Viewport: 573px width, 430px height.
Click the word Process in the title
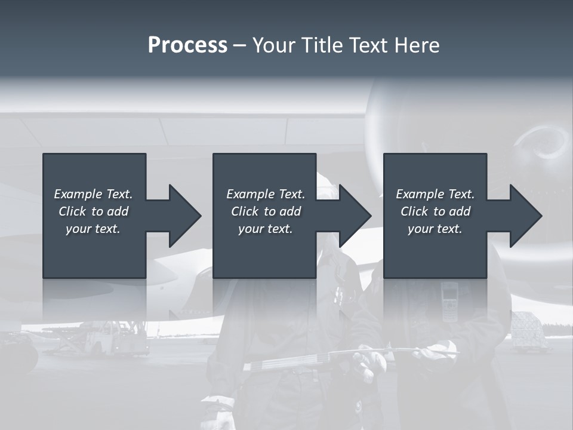pyautogui.click(x=187, y=45)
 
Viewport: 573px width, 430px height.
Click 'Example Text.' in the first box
pyautogui.click(x=93, y=194)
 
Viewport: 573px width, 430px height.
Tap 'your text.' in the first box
pyautogui.click(x=93, y=229)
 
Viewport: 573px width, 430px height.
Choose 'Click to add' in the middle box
pyautogui.click(x=266, y=211)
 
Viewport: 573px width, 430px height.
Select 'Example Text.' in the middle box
pyautogui.click(x=266, y=194)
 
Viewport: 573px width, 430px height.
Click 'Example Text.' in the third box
pyautogui.click(x=435, y=194)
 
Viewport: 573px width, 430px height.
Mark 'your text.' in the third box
pyautogui.click(x=435, y=229)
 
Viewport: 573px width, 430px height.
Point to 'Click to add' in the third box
pyautogui.click(x=435, y=211)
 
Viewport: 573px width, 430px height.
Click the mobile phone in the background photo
pyautogui.click(x=449, y=302)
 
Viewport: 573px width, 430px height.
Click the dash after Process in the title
pyautogui.click(x=240, y=45)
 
